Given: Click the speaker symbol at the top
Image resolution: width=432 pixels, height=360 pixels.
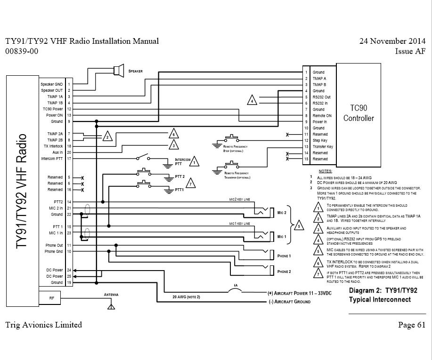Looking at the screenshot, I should pos(120,70).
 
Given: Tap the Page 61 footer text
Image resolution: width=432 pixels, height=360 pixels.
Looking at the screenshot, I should pos(411,325).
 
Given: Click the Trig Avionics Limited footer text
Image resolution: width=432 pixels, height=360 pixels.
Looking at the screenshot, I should pos(44,325).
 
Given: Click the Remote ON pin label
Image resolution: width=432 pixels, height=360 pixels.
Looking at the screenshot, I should pos(322,115).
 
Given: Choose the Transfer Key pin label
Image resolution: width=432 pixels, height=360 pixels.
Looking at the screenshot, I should pos(323,146).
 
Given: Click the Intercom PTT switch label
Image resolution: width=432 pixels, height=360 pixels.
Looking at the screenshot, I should pos(183,162).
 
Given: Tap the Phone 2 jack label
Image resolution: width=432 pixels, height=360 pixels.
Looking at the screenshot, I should pos(284,272).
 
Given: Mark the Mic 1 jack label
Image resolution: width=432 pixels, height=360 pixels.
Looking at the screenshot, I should pos(281,237).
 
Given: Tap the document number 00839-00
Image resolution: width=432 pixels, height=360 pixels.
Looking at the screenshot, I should pos(22,51).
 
